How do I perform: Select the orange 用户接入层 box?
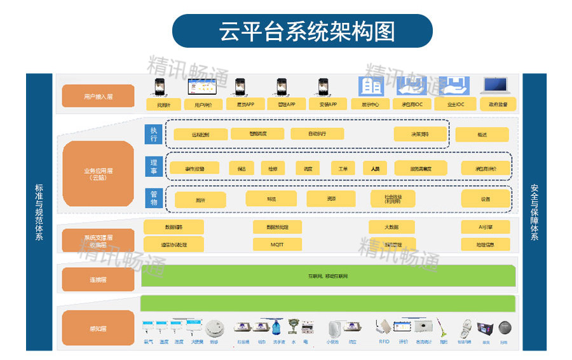tap(98, 96)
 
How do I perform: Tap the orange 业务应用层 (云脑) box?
tap(98, 174)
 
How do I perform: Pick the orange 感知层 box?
tap(98, 328)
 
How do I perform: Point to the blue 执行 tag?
tap(153, 134)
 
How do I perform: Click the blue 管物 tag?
tap(153, 198)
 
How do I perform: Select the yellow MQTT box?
tap(278, 244)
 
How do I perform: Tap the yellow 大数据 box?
tap(392, 227)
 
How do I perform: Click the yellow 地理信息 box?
tap(486, 244)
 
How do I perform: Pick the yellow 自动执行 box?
tap(317, 134)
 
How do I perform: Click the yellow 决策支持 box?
tap(420, 134)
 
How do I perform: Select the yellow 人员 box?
tap(375, 169)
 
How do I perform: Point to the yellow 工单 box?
tap(343, 169)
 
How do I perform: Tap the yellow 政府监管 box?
tap(498, 104)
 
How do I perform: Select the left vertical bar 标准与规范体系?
tap(39, 212)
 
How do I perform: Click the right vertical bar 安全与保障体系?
tap(534, 212)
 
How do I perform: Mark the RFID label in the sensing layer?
tap(384, 342)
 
